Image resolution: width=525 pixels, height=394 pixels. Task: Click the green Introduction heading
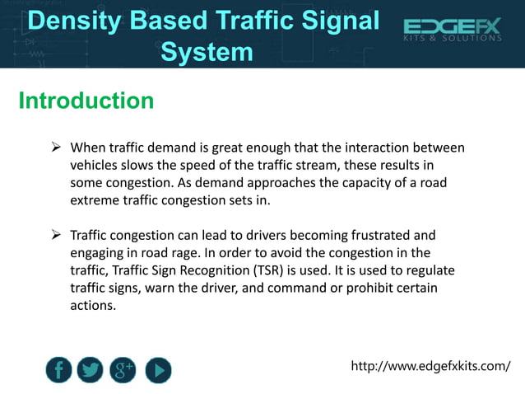coord(86,101)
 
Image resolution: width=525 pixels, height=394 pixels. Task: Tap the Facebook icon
coord(58,370)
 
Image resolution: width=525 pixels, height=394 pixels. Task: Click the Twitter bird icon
coord(91,370)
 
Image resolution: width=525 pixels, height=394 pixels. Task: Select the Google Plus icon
coord(123,370)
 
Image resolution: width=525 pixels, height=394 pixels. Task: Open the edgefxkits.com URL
coord(430,365)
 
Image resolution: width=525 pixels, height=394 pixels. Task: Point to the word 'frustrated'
coord(385,236)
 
